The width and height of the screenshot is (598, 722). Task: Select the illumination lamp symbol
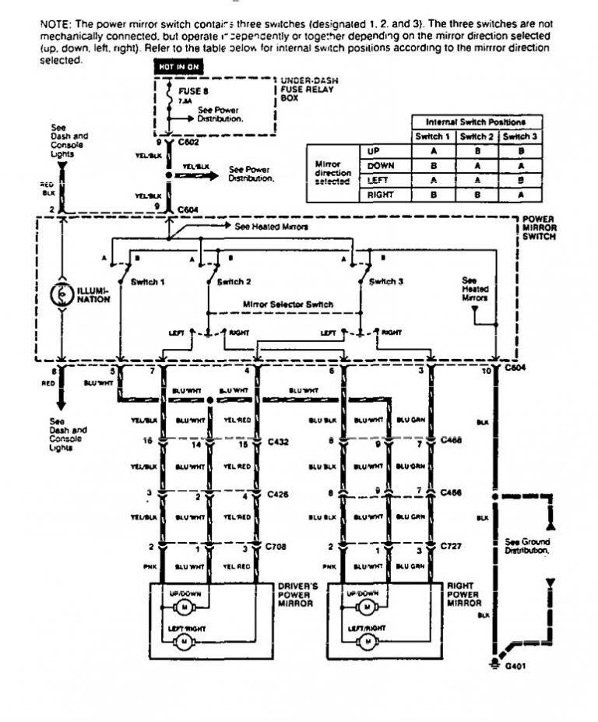pos(61,295)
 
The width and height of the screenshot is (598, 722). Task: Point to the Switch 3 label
pos(387,281)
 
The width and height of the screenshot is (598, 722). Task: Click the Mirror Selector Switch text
pos(288,304)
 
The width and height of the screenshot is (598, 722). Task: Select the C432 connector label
pos(278,441)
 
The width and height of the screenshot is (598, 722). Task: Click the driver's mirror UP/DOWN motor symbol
pos(185,606)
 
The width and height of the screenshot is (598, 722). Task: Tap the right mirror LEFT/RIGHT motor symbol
pos(364,642)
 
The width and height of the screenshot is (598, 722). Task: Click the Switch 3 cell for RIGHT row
pos(519,195)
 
